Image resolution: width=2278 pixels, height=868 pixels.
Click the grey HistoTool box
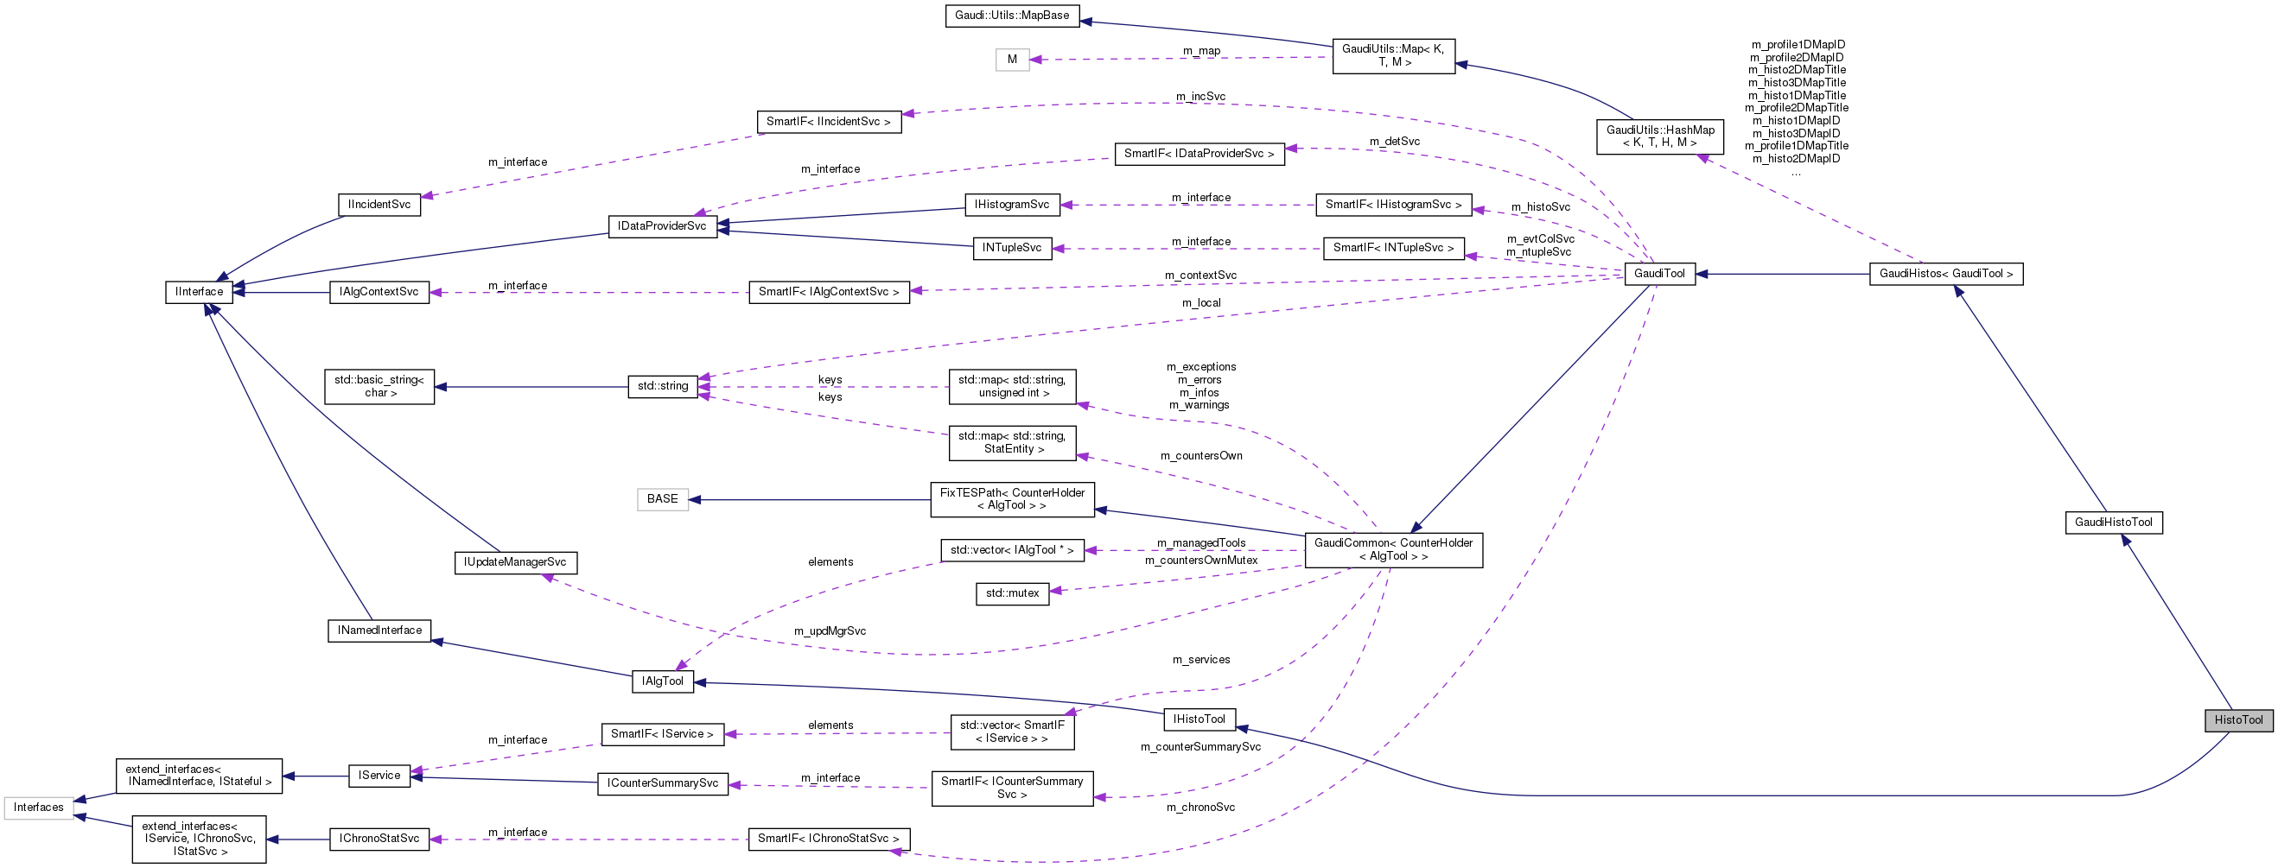tap(2237, 719)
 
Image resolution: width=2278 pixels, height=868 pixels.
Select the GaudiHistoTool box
tap(2113, 523)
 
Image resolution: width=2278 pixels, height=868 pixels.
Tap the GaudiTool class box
tap(1659, 274)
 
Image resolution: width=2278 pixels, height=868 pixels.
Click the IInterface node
tap(199, 292)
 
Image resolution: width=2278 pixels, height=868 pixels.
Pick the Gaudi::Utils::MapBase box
tap(1012, 16)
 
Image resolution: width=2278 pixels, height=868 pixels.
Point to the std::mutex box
tap(1012, 593)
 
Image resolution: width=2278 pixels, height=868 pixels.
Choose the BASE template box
tap(662, 499)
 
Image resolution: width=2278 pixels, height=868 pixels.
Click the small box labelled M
tap(1012, 60)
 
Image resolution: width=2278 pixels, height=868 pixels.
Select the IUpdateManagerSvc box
tap(515, 562)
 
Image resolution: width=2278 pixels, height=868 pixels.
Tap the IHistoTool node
tap(1199, 719)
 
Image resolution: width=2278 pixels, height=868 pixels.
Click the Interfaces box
tap(38, 808)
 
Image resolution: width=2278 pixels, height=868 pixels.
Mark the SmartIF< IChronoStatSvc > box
tap(828, 839)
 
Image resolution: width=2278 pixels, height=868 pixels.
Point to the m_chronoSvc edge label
tap(1200, 807)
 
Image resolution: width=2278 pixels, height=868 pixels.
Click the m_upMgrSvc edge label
tap(829, 631)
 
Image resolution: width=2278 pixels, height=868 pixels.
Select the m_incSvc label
tap(1200, 97)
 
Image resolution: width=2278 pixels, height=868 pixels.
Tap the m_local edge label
tap(1201, 303)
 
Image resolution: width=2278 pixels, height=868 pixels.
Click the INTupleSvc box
tap(1012, 249)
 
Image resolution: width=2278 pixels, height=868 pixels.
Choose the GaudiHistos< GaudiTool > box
tap(1945, 274)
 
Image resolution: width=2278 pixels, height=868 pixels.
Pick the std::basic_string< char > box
tap(379, 386)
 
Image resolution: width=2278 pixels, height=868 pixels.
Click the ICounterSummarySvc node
tap(662, 784)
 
